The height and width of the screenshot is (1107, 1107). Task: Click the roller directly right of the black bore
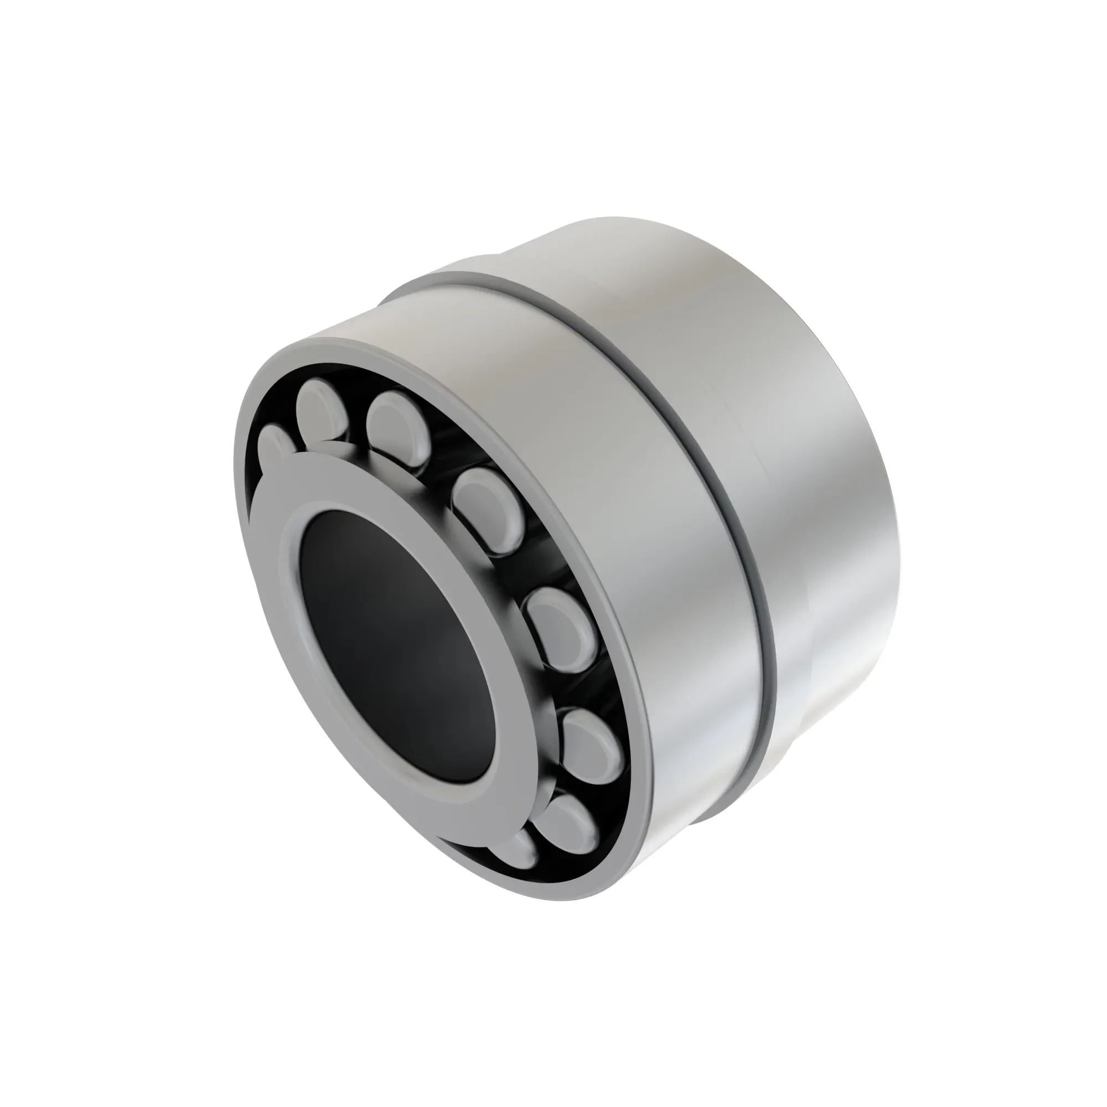click(560, 628)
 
